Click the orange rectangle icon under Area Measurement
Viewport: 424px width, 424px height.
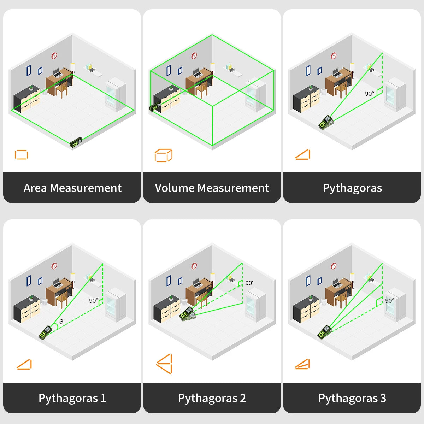click(21, 155)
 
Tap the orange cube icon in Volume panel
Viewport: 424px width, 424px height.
click(163, 155)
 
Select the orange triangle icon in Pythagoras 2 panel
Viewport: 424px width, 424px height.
click(164, 364)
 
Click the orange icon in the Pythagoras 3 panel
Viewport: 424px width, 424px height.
click(302, 364)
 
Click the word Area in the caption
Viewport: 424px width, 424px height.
click(36, 188)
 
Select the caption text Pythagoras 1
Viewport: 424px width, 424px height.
click(72, 398)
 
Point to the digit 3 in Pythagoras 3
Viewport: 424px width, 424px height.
click(383, 398)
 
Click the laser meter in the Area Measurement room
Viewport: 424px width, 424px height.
click(76, 142)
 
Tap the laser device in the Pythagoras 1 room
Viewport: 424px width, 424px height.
click(45, 332)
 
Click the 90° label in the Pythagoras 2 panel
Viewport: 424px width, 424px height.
click(249, 283)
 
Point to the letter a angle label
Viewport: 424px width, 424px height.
click(61, 321)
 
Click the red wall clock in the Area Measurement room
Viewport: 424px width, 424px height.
click(54, 56)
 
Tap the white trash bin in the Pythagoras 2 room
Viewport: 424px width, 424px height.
click(184, 302)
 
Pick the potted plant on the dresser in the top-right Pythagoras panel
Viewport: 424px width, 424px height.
click(311, 88)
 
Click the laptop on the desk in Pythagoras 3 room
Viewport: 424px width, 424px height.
click(336, 282)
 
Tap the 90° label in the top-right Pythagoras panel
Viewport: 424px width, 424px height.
click(369, 94)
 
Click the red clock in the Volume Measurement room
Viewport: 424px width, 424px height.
click(194, 56)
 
